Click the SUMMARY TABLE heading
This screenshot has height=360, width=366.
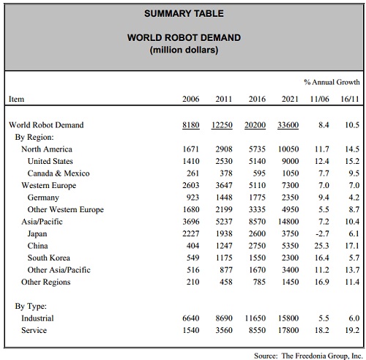(184, 13)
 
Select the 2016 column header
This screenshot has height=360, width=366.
(257, 99)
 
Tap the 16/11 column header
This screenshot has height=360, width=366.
(350, 99)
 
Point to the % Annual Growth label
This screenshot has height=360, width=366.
(332, 82)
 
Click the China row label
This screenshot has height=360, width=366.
(37, 246)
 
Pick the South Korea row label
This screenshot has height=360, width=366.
(49, 258)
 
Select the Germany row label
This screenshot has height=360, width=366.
(43, 198)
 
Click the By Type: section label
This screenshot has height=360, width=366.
(31, 306)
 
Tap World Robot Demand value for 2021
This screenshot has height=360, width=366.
(288, 125)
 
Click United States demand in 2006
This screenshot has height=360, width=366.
(191, 161)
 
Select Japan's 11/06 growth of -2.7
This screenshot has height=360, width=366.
(322, 233)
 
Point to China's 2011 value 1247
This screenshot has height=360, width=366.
(224, 246)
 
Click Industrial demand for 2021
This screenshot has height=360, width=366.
(288, 318)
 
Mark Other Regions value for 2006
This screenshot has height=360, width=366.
(193, 282)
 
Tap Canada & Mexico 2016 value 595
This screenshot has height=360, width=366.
(259, 173)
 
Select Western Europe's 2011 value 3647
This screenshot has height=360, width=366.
(224, 185)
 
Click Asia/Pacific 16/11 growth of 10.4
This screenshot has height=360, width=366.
(352, 222)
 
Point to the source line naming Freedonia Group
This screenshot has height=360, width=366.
(308, 356)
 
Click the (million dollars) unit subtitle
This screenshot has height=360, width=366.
(184, 50)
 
